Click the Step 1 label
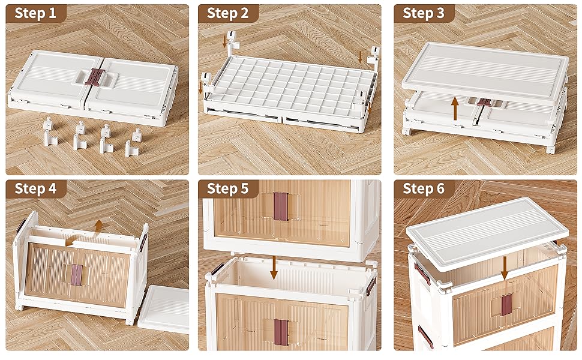(35, 14)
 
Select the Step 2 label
(227, 14)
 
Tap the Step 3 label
(423, 14)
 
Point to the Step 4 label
(35, 188)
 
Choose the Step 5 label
(227, 188)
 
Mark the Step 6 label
(423, 188)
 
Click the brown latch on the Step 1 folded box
(94, 77)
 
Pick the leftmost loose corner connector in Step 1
(51, 133)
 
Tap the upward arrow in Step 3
(455, 109)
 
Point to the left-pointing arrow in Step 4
(71, 241)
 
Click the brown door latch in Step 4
(76, 274)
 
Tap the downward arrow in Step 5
(274, 267)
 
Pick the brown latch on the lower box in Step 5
(281, 331)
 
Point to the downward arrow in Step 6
(505, 266)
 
